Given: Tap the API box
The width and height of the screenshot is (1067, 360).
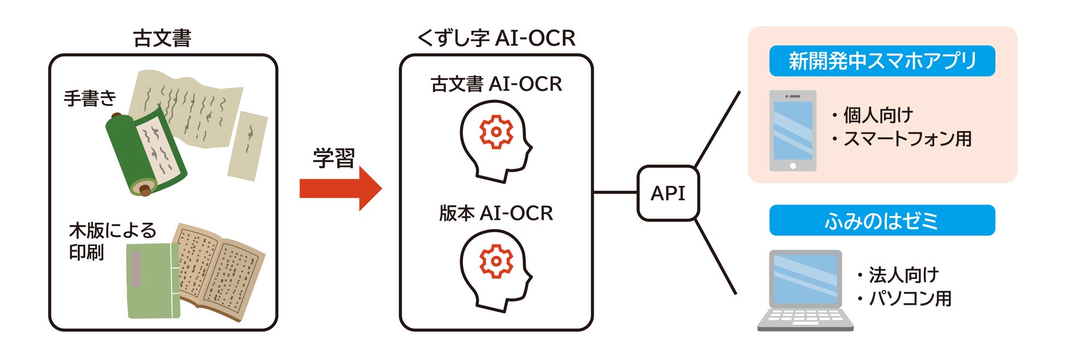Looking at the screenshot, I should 668,193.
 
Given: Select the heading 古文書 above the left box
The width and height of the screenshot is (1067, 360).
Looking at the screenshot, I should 162,38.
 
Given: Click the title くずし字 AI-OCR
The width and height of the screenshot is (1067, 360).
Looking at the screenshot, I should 496,38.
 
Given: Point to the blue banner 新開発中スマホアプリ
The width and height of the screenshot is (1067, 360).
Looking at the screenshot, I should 882,61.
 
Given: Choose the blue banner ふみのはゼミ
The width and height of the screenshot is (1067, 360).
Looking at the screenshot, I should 882,220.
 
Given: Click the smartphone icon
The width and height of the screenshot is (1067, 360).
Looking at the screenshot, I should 792,131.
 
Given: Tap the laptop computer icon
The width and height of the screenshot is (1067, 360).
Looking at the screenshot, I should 805,290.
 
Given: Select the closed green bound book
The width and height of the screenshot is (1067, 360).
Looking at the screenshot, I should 152,280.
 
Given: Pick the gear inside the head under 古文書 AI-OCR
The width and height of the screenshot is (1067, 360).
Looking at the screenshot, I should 496,132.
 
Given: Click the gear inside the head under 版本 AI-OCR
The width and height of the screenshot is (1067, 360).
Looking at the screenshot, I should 496,261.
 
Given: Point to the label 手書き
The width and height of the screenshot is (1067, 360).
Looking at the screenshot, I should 90,98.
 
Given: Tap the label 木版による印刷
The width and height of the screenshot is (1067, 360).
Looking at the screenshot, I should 112,241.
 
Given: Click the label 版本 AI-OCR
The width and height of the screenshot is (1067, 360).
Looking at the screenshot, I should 496,213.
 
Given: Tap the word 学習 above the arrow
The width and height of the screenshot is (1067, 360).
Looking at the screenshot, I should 334,158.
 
